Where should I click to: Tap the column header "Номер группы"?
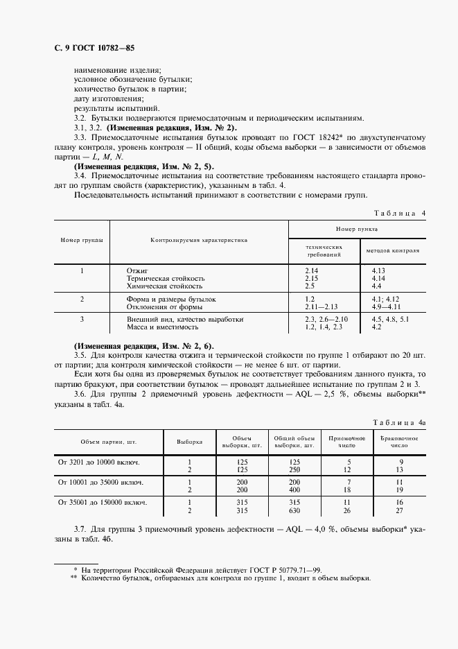(x=82, y=239)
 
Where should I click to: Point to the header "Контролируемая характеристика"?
(x=199, y=239)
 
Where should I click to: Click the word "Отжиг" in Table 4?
(x=137, y=269)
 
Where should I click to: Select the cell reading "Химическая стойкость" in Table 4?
(x=164, y=286)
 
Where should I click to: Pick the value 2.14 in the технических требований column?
(x=311, y=269)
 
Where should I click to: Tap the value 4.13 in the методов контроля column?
(x=378, y=269)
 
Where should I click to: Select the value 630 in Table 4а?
(x=294, y=510)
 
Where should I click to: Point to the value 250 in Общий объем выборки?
(x=294, y=469)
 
